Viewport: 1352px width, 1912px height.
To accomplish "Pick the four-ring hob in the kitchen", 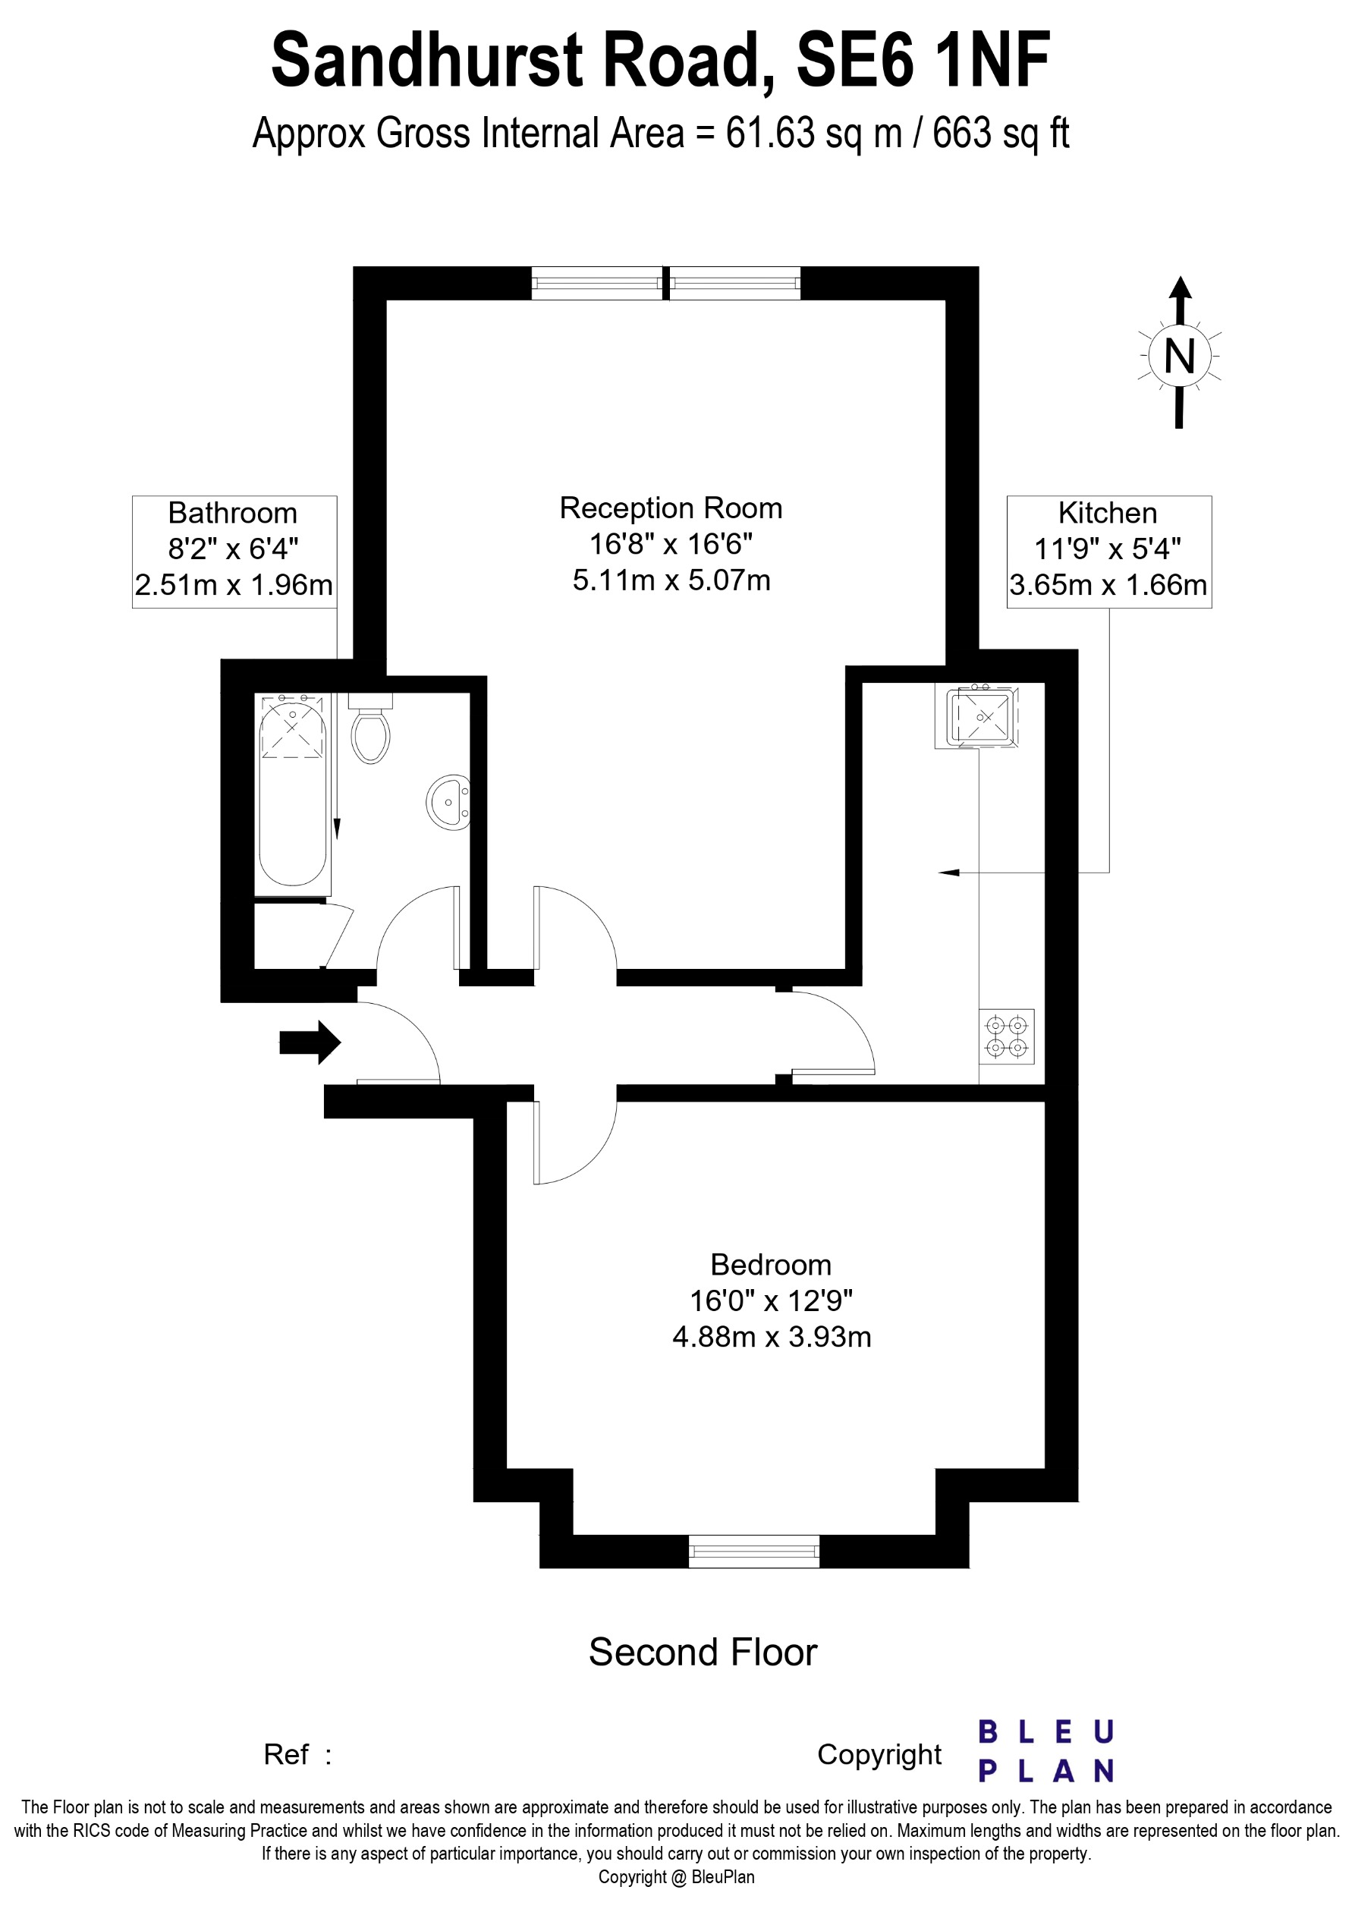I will (1007, 1036).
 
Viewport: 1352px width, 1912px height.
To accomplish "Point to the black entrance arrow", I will (310, 1042).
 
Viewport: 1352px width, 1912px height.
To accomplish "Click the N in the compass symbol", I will (1179, 357).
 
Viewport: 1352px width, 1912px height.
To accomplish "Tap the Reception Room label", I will (670, 508).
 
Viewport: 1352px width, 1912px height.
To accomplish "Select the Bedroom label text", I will (770, 1265).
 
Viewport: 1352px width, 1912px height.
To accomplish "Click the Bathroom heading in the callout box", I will (232, 513).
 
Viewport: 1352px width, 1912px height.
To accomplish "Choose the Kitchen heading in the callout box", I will (1107, 513).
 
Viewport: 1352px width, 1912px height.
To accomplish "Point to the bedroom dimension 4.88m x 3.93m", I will (771, 1337).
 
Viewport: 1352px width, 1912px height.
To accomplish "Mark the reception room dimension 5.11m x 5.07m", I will (671, 580).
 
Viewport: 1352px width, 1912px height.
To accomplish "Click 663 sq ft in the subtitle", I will (1000, 134).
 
